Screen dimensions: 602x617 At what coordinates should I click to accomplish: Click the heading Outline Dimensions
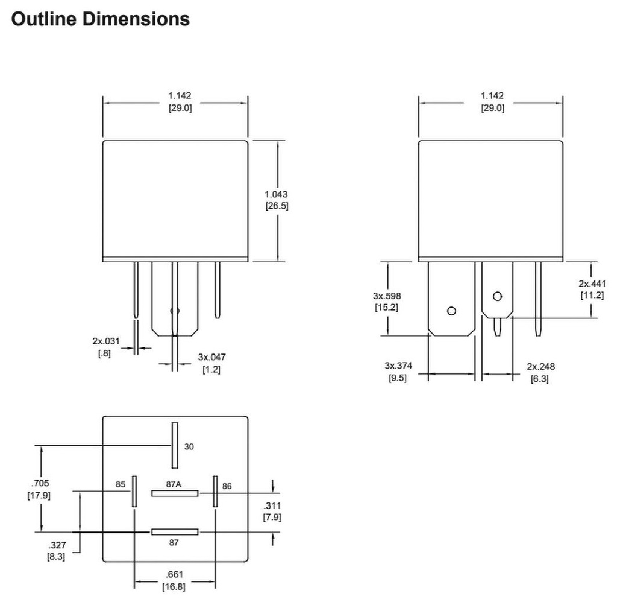pos(101,19)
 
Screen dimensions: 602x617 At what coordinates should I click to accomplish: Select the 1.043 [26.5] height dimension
pos(277,200)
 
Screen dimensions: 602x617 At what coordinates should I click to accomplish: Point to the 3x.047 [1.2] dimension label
pos(211,363)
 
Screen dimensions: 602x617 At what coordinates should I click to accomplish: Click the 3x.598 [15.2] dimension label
pos(386,301)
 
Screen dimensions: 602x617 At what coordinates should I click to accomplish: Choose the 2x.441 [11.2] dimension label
pos(592,289)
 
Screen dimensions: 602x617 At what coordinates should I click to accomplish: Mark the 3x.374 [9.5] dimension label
pos(397,372)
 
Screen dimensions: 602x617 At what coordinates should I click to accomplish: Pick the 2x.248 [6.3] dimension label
pos(540,372)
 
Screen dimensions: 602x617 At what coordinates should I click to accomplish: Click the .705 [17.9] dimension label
pos(39,489)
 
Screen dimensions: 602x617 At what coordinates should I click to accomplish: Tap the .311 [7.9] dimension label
pos(272,511)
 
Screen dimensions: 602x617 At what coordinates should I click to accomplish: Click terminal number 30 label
pos(190,447)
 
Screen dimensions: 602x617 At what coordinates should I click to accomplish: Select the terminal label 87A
pos(175,484)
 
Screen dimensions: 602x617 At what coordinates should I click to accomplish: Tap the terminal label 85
pos(121,484)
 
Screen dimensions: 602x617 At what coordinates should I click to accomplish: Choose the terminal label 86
pos(227,485)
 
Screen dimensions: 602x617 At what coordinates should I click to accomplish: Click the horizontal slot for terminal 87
pos(175,532)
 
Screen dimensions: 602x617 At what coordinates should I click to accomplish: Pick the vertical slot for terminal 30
pos(175,445)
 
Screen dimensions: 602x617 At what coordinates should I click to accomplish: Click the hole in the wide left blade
pos(451,311)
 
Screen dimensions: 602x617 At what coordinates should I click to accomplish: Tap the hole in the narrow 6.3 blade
pos(497,296)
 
